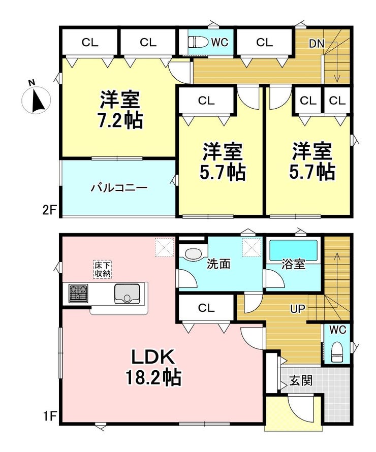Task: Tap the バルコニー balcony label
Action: click(x=119, y=188)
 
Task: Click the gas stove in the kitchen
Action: click(x=78, y=294)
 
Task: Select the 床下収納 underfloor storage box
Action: click(x=103, y=269)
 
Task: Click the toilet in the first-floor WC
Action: click(x=338, y=351)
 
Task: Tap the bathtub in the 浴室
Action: click(x=294, y=250)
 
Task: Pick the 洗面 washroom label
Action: click(x=219, y=264)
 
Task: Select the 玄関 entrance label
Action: click(x=301, y=379)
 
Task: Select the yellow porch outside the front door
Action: click(x=277, y=414)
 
